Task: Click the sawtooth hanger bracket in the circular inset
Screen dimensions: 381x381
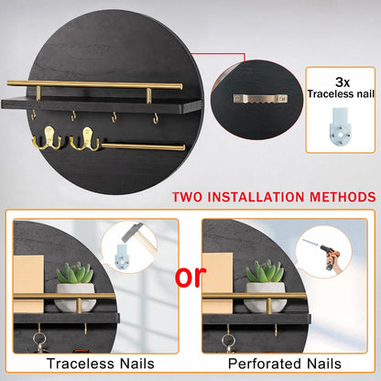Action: tap(260, 99)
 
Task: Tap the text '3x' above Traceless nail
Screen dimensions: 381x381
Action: tap(343, 82)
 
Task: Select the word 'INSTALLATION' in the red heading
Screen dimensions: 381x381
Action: tap(256, 197)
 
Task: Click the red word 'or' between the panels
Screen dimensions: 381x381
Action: tap(190, 276)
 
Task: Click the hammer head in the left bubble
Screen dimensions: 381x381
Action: tap(133, 232)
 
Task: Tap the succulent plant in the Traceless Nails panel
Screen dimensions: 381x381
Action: tap(75, 273)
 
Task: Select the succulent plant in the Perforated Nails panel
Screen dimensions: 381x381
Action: tap(265, 271)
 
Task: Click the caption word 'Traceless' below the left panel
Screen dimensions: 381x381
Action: tap(81, 364)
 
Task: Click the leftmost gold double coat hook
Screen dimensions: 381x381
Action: tap(47, 139)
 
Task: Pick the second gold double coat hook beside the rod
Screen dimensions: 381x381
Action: tap(85, 139)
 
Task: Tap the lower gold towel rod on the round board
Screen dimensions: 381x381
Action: tap(143, 147)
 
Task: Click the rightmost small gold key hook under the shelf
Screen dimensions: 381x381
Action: tap(156, 118)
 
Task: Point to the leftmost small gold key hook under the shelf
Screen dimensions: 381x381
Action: tap(33, 115)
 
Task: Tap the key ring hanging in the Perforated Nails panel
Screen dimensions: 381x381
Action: tap(229, 341)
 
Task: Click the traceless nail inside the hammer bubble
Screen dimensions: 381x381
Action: tap(123, 256)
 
